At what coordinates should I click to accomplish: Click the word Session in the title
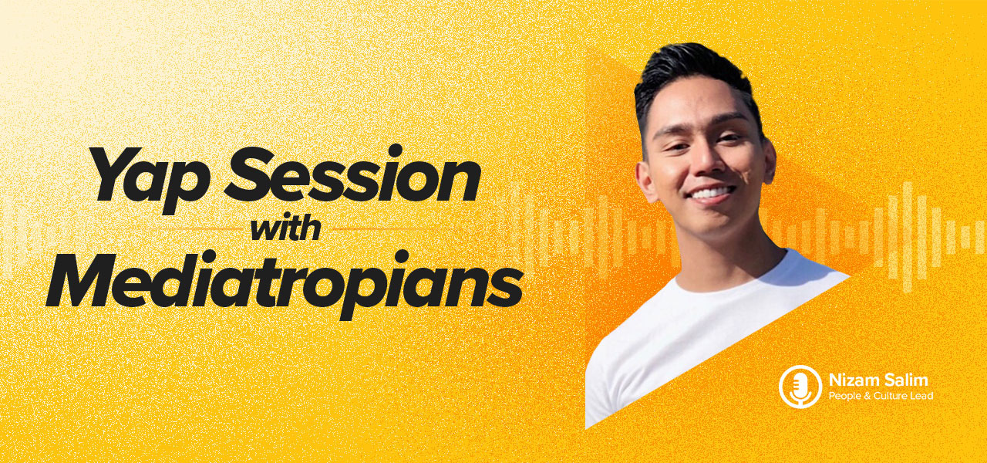(352, 174)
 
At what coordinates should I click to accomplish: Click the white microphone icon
(800, 387)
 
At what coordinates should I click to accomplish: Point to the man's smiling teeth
(712, 192)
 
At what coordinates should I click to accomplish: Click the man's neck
(745, 247)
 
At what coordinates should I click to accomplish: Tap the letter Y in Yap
(113, 174)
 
